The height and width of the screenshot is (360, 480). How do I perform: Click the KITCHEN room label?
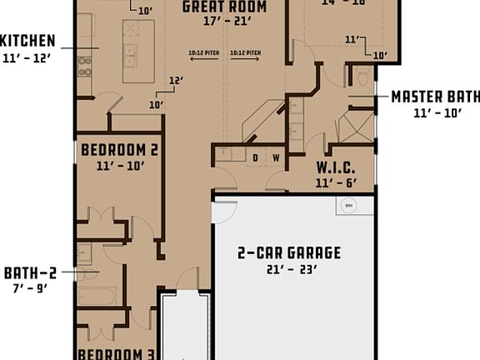coord(27,41)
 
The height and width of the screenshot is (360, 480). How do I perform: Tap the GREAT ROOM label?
coord(225,7)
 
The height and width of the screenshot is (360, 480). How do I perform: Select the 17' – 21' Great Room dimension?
coord(226,22)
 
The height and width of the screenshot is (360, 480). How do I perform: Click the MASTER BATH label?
coord(435,97)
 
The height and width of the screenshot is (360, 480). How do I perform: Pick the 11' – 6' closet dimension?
coord(336,182)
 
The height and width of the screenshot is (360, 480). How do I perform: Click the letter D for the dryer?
coord(256,157)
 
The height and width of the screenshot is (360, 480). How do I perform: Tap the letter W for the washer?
coord(275,157)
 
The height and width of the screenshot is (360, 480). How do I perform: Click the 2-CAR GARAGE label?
coord(289,252)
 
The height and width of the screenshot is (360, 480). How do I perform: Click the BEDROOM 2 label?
coord(119,150)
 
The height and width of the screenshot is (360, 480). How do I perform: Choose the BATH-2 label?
coord(30,272)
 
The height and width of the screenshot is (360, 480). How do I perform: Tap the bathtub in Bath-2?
coord(97,296)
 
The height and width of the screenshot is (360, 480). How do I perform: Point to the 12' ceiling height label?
coord(176,81)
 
